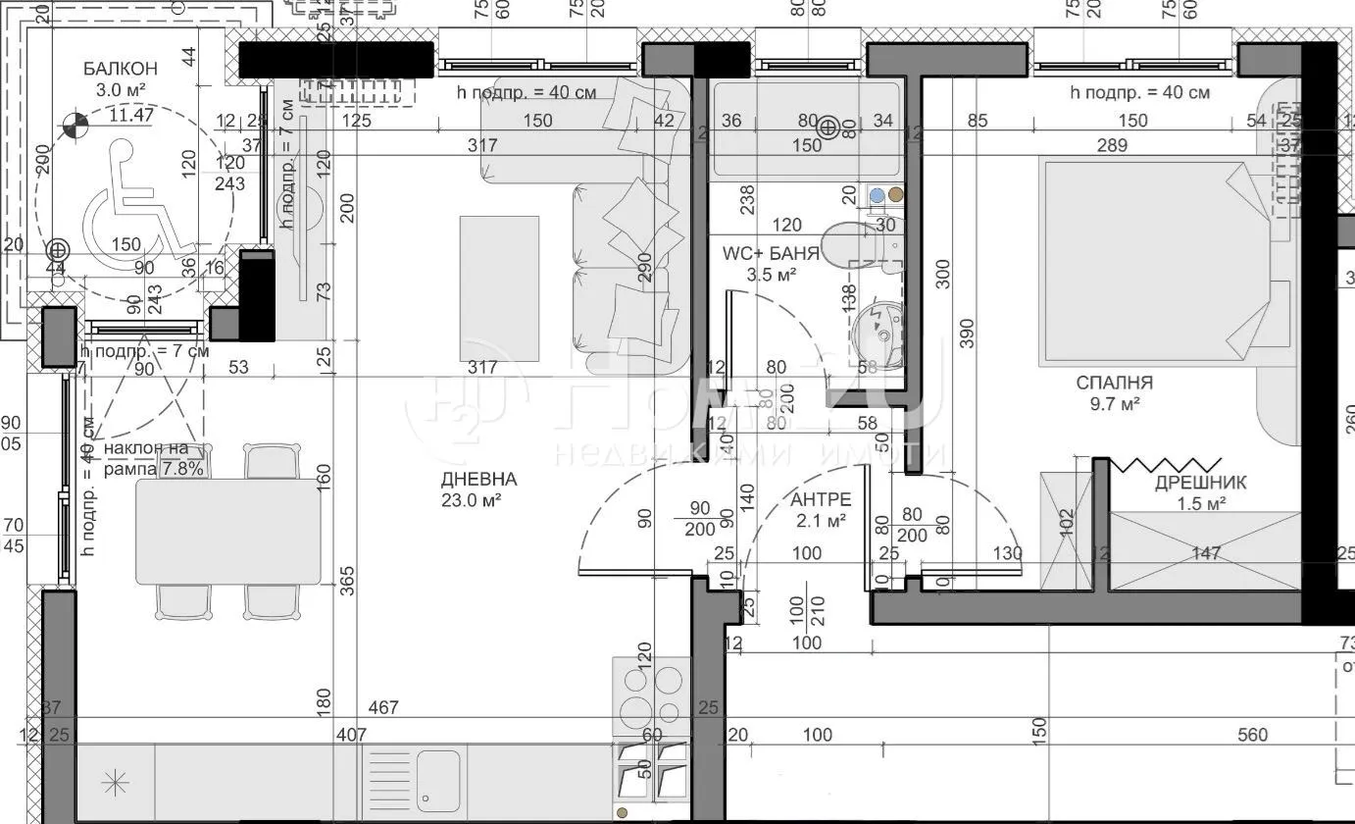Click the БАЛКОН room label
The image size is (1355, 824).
pyautogui.click(x=120, y=69)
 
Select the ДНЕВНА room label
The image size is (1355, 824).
pyautogui.click(x=478, y=480)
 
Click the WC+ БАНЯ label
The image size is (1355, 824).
pyautogui.click(x=771, y=253)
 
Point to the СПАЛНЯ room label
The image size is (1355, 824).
pyautogui.click(x=1114, y=383)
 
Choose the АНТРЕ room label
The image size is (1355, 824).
pyautogui.click(x=821, y=500)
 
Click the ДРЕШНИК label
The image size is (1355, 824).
pyautogui.click(x=1200, y=483)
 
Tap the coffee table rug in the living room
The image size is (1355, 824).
pyautogui.click(x=499, y=288)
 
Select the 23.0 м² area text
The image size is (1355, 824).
pyautogui.click(x=478, y=500)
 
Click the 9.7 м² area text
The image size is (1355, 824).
pyautogui.click(x=1114, y=403)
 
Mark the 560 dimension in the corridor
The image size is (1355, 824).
pyautogui.click(x=1252, y=735)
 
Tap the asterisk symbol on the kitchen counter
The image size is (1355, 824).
pyautogui.click(x=116, y=782)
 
